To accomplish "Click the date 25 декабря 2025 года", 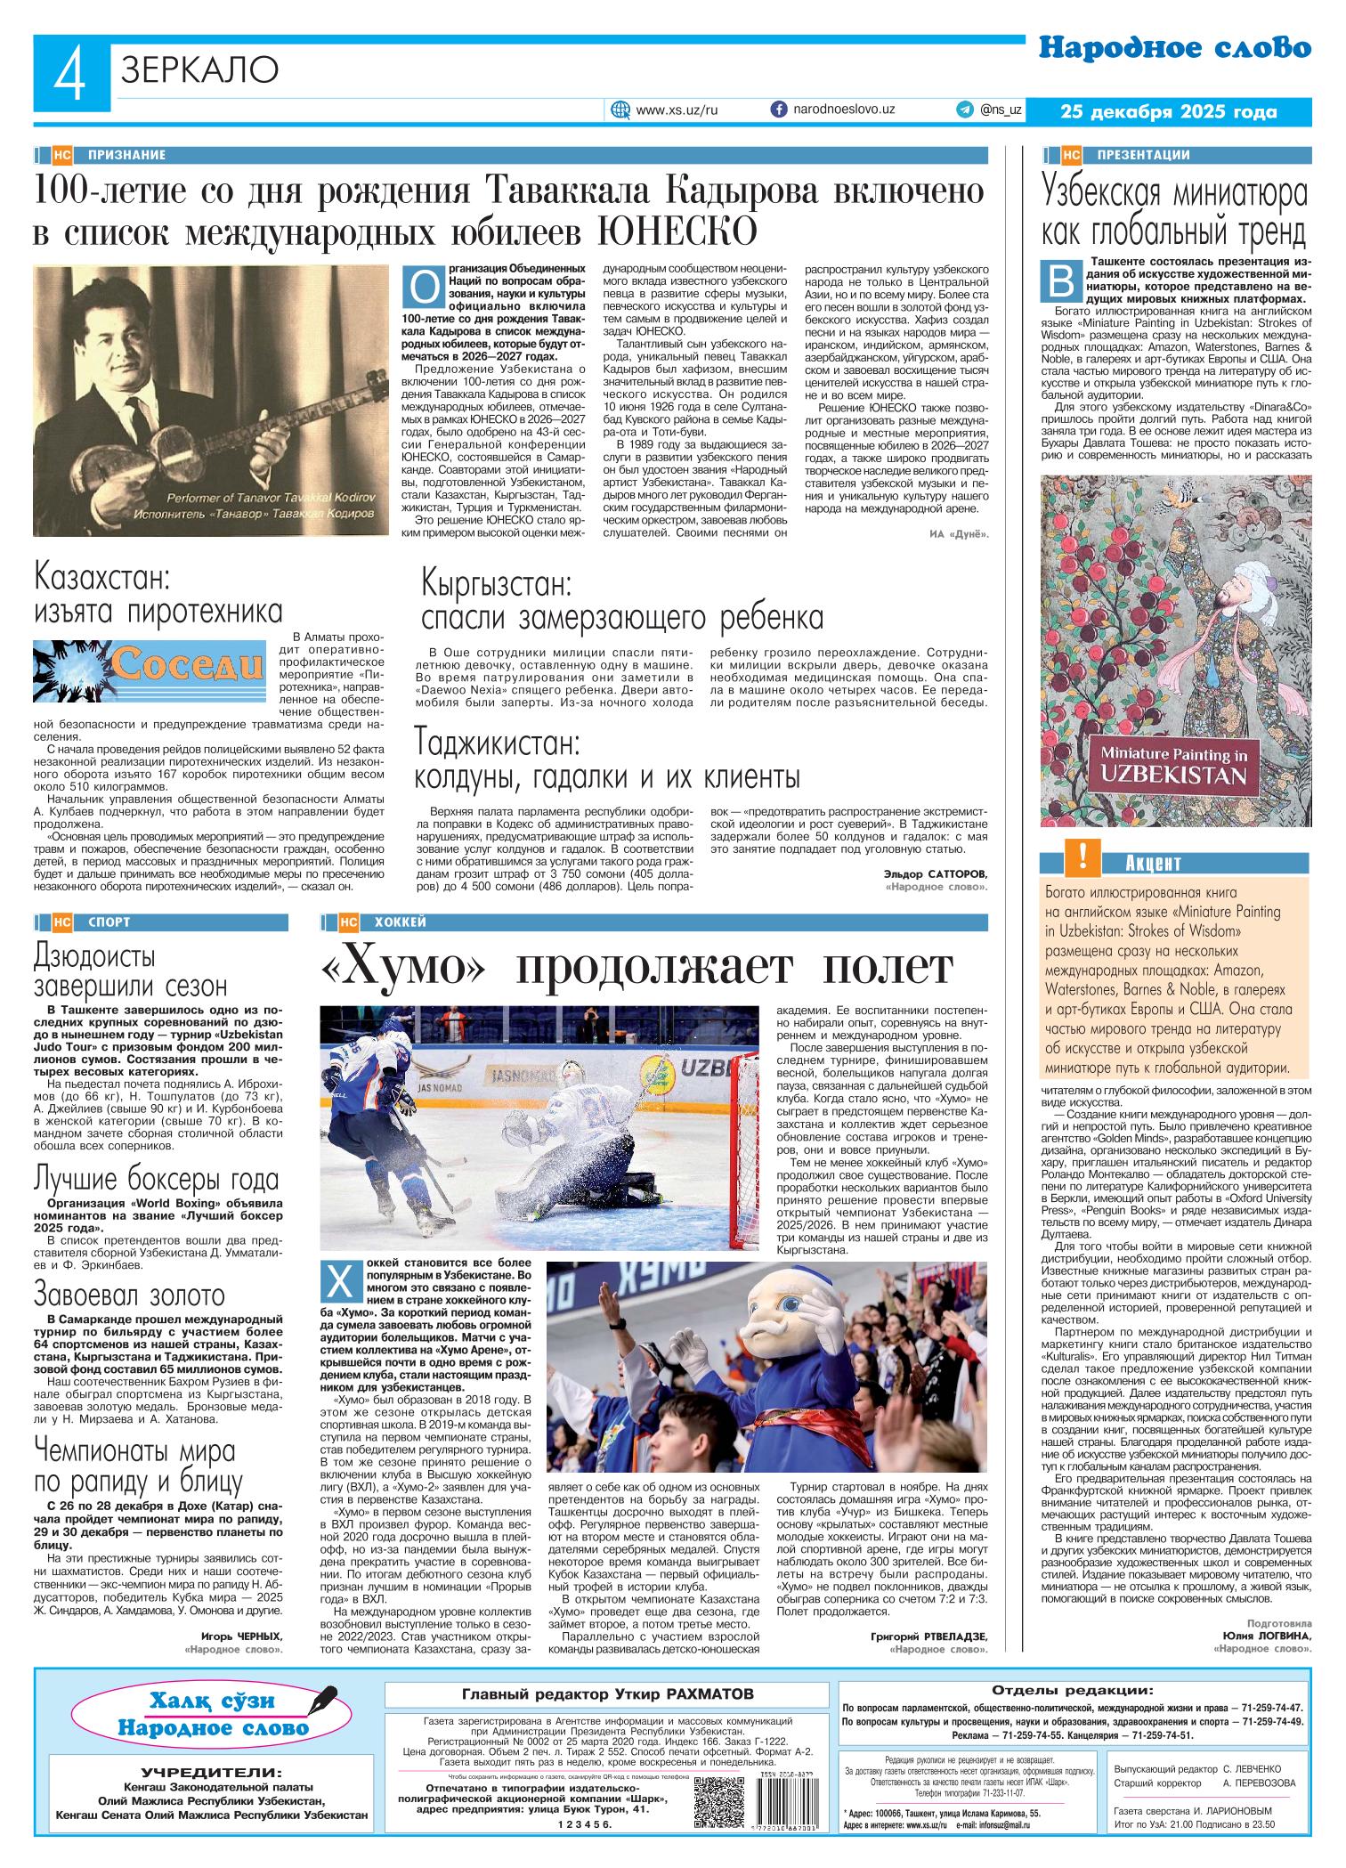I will (x=1169, y=112).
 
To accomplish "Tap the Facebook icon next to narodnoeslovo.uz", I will (x=778, y=109).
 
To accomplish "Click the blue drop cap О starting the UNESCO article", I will (x=425, y=286).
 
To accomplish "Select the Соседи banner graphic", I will (x=150, y=665).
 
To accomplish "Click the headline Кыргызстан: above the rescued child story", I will (x=496, y=584).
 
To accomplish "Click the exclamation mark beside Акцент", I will (x=1082, y=857).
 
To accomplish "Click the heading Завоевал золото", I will (x=129, y=1293).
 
